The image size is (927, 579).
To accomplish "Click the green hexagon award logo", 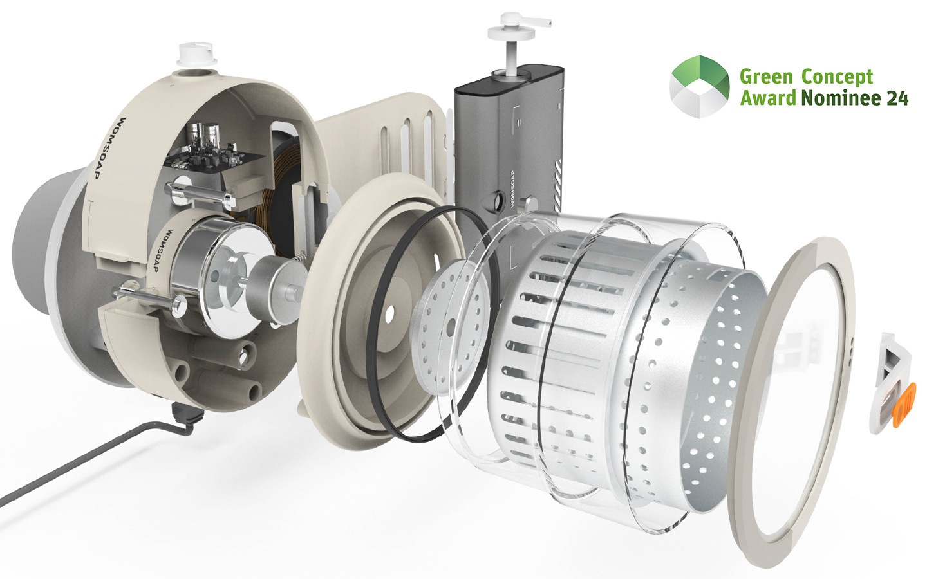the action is click(x=699, y=87).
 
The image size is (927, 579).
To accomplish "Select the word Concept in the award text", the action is click(x=837, y=77).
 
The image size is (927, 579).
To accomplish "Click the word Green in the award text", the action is click(x=766, y=77).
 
